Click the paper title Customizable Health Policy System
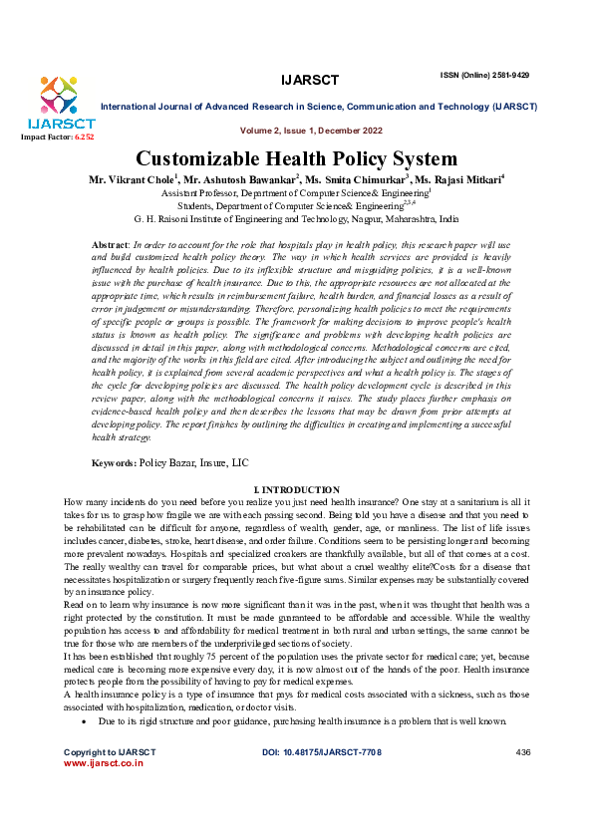tap(296, 158)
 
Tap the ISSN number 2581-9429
tap(504, 75)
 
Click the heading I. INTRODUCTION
tap(297, 490)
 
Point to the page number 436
tap(524, 777)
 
